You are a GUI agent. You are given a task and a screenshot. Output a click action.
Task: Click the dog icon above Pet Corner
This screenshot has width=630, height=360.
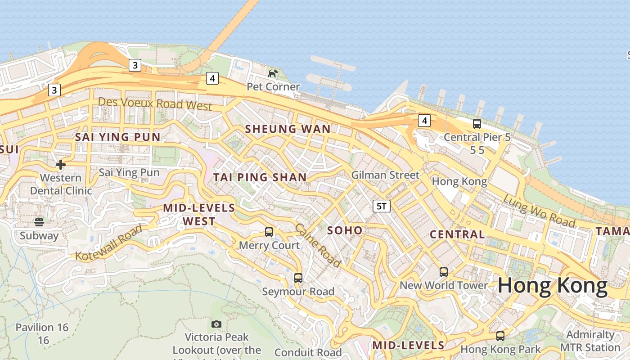[273, 73]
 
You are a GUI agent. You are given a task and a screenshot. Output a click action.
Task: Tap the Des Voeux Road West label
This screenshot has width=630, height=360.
[155, 103]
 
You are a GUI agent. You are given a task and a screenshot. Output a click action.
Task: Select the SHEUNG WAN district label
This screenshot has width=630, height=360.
[288, 129]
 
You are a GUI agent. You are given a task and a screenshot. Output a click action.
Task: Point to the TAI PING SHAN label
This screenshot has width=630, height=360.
[260, 177]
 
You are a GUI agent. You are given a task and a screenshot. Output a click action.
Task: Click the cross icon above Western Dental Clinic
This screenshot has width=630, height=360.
[61, 165]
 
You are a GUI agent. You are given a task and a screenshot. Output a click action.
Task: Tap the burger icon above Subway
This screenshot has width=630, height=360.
[39, 222]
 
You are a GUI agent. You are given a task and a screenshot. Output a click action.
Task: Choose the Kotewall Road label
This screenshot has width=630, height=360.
[109, 243]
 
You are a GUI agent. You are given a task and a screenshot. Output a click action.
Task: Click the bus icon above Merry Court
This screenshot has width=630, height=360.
[269, 232]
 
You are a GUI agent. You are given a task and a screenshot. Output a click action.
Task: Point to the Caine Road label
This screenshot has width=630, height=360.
[318, 245]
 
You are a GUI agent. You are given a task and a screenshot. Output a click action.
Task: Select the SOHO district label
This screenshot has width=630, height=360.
[345, 231]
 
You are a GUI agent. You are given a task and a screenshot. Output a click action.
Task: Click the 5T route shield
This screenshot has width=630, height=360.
[381, 206]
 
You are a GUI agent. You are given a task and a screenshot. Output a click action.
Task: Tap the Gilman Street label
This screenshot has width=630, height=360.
[385, 175]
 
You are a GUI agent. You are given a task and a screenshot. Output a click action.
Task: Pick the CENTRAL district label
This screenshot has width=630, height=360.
[457, 234]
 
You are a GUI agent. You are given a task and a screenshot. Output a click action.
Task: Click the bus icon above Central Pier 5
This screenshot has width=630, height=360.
[477, 123]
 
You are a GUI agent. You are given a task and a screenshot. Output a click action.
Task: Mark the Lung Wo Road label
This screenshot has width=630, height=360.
[539, 211]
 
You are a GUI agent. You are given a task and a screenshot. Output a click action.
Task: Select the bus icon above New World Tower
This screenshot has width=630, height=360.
[444, 272]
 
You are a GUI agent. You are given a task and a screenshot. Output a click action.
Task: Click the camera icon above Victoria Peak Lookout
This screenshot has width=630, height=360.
[216, 324]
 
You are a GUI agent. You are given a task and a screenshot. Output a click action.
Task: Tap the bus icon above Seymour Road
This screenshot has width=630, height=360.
[298, 278]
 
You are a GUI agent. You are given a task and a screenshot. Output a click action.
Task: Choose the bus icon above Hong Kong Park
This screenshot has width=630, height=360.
[500, 336]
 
